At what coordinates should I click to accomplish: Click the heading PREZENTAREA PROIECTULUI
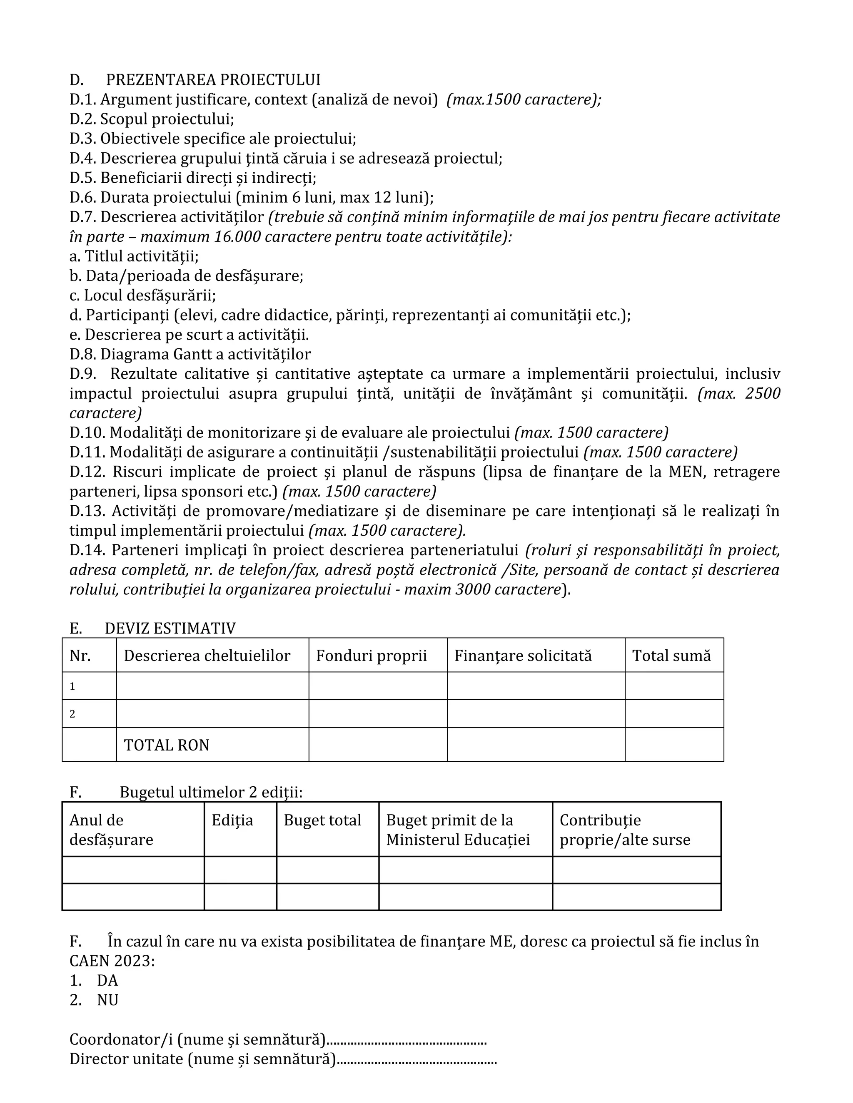click(213, 80)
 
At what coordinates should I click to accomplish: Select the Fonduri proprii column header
click(371, 656)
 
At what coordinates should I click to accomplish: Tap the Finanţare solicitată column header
click(523, 656)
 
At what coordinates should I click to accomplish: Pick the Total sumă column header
click(671, 656)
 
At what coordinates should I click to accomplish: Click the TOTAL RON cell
click(166, 745)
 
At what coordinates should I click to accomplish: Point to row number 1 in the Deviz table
click(72, 686)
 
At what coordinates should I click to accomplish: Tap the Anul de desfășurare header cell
click(111, 830)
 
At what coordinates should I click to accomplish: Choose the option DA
click(107, 980)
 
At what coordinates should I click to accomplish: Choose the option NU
click(107, 1000)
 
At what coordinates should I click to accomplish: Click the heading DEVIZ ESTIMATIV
click(170, 628)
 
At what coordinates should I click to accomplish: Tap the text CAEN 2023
click(112, 961)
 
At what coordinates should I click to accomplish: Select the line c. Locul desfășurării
click(142, 296)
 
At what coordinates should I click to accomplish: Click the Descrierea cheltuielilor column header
click(207, 656)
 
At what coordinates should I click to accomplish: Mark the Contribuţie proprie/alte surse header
click(625, 830)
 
